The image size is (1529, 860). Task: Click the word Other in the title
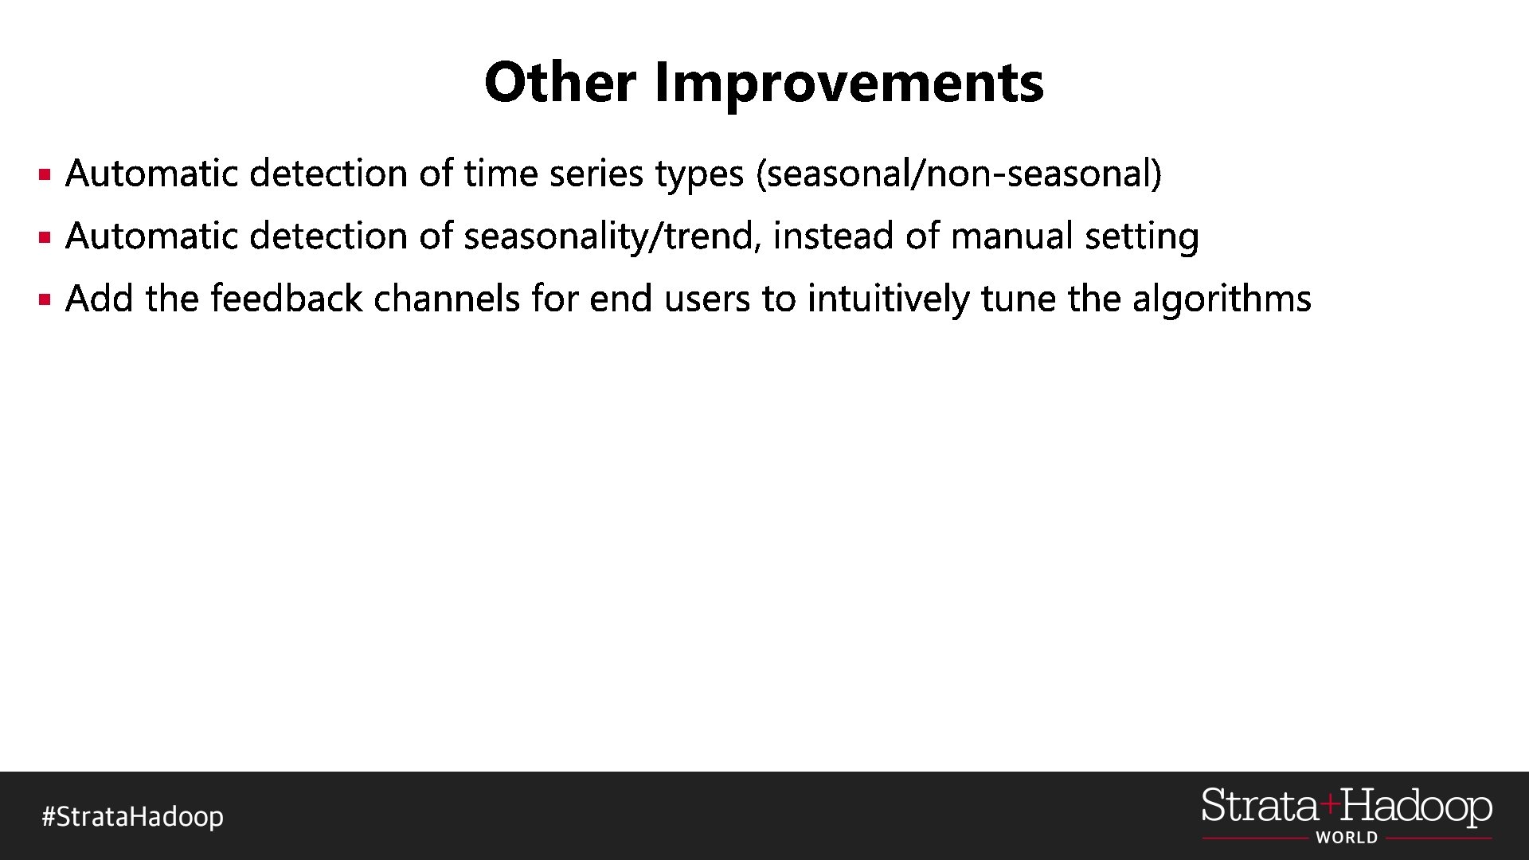[x=560, y=82]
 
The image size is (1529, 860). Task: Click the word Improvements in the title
[x=849, y=84]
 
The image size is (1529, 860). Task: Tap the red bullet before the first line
[x=45, y=174]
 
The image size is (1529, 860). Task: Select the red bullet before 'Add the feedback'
[x=45, y=299]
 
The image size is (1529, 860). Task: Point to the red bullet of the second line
[x=45, y=236]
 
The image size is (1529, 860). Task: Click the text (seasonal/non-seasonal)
[x=959, y=174]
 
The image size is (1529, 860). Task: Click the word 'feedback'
[x=287, y=299]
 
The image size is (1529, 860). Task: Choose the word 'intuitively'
[x=888, y=299]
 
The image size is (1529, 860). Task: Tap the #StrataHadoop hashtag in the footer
[x=132, y=817]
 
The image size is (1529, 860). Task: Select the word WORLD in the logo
[x=1346, y=838]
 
